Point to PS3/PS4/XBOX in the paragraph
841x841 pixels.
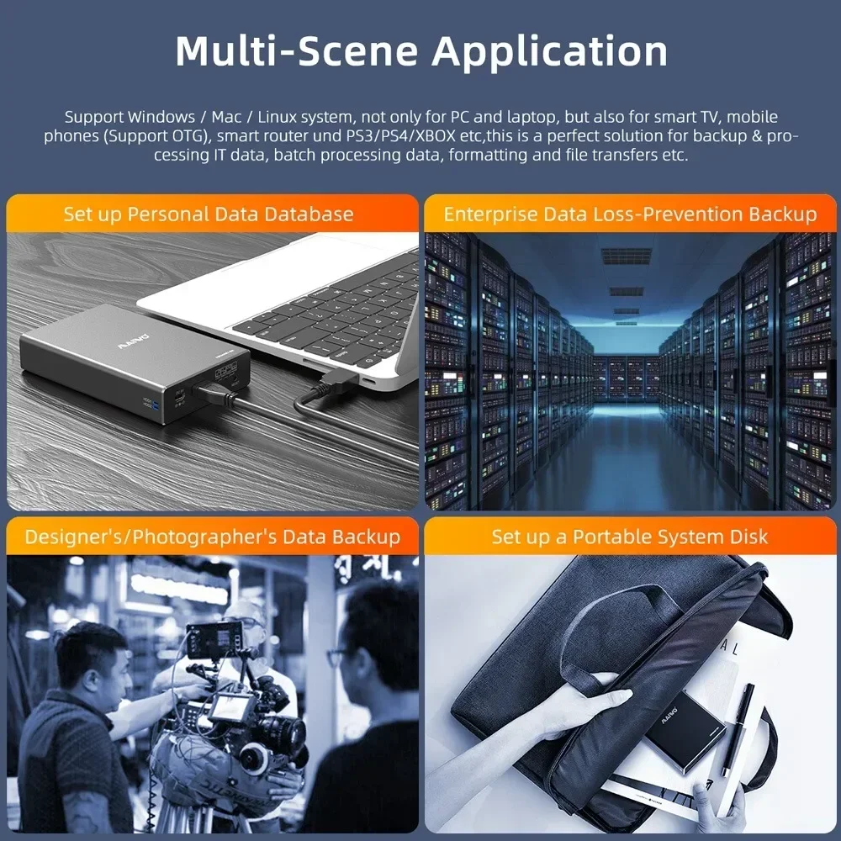[460, 136]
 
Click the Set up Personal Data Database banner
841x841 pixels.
[209, 214]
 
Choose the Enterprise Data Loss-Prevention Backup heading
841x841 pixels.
[630, 214]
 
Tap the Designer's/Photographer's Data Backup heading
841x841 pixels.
[212, 537]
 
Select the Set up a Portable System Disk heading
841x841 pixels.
[630, 537]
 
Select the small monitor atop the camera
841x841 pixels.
[214, 640]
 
